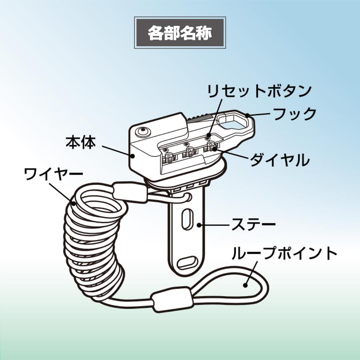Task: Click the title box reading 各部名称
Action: (180, 33)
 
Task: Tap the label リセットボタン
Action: (259, 91)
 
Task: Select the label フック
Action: (295, 114)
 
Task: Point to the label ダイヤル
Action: (279, 160)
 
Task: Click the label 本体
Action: (81, 142)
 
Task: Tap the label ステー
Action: (253, 224)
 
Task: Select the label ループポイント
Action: (284, 253)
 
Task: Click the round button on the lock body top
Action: (143, 132)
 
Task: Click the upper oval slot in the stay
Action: (187, 219)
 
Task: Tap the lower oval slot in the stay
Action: (188, 262)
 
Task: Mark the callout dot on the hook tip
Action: (247, 115)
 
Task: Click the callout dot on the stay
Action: (199, 225)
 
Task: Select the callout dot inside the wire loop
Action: (245, 285)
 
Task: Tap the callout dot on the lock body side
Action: (133, 156)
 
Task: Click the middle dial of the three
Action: (189, 152)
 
